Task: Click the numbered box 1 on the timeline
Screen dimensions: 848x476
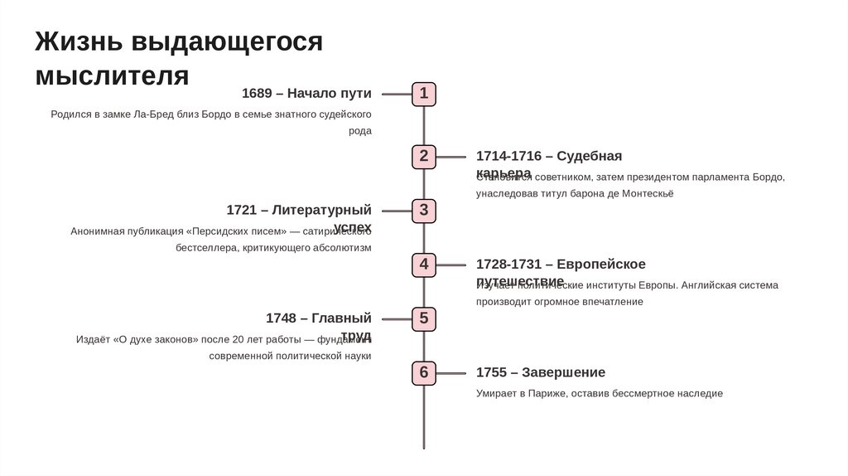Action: point(424,94)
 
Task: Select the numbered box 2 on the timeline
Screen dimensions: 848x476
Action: point(424,156)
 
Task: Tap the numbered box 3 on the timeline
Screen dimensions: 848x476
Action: point(424,211)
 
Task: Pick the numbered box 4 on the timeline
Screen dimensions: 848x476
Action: point(424,265)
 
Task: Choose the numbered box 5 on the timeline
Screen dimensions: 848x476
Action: point(424,318)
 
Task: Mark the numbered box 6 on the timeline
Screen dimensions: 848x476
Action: point(424,372)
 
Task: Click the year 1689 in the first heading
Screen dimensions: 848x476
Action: point(257,94)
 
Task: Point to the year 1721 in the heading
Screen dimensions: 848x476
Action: point(242,210)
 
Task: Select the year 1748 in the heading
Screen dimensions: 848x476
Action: point(281,318)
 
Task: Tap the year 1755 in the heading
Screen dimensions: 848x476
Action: point(492,372)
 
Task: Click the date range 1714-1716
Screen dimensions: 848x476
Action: point(508,156)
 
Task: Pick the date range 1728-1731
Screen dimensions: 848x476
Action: point(508,265)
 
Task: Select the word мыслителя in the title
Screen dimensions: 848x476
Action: point(113,75)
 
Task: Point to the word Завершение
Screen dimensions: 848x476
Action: point(563,372)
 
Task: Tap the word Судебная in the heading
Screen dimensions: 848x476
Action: point(589,156)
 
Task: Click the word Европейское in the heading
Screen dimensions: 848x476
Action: point(601,265)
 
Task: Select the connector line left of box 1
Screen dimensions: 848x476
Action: point(397,95)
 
